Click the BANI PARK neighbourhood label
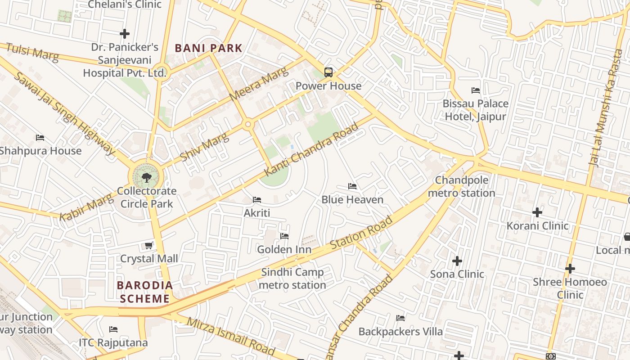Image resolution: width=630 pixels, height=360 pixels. click(208, 48)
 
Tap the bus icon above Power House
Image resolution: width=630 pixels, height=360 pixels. click(328, 72)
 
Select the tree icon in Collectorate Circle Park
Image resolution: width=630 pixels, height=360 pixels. click(146, 177)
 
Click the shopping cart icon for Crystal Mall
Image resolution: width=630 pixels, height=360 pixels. click(148, 245)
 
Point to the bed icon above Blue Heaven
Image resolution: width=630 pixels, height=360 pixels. click(352, 186)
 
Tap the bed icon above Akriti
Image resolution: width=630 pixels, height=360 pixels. click(257, 199)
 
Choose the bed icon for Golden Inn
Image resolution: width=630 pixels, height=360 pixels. click(284, 236)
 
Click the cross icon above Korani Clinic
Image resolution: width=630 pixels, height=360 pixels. click(537, 212)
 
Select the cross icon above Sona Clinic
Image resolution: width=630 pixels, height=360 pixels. click(457, 261)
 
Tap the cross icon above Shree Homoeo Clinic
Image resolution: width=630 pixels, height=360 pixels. click(570, 269)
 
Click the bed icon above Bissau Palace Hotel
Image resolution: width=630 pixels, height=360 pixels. click(475, 90)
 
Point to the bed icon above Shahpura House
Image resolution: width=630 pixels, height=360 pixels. click(40, 138)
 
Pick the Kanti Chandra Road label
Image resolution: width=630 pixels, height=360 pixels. click(311, 149)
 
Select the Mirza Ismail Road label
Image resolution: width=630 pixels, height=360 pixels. click(230, 336)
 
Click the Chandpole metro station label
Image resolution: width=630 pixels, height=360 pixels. click(461, 186)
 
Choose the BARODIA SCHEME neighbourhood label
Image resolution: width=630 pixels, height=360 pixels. click(145, 292)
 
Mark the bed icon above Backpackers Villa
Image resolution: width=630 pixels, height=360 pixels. click(400, 318)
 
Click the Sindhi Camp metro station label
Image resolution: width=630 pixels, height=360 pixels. click(292, 279)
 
